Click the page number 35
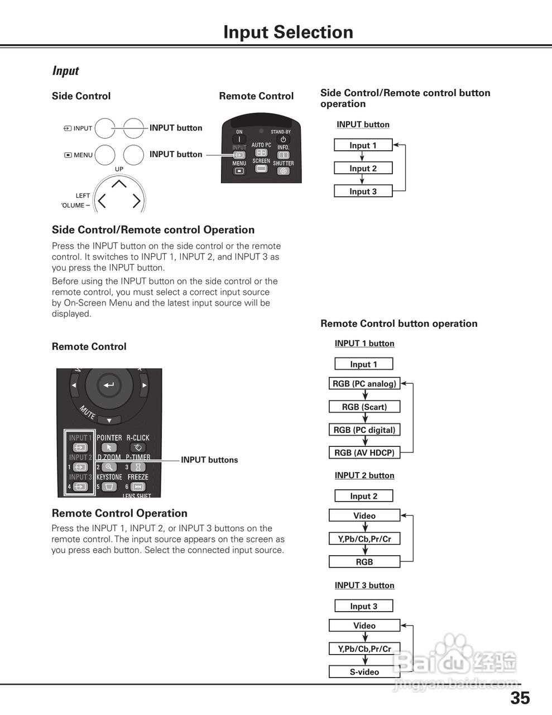click(520, 698)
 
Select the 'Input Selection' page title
click(288, 32)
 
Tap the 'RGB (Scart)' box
click(364, 407)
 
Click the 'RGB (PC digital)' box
click(364, 430)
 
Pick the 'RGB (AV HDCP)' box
click(364, 453)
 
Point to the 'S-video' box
click(364, 672)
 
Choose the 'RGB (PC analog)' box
click(364, 384)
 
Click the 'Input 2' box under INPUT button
click(363, 168)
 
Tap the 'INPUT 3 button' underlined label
click(364, 585)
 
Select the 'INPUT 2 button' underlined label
click(364, 475)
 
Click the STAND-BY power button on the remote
click(283, 140)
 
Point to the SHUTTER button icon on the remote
click(284, 171)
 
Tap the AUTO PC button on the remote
click(261, 152)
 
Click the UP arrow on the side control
click(119, 183)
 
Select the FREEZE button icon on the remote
click(138, 487)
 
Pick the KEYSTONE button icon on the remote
click(109, 487)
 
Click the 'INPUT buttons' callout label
click(209, 460)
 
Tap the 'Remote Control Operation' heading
click(119, 513)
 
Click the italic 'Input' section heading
click(65, 71)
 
